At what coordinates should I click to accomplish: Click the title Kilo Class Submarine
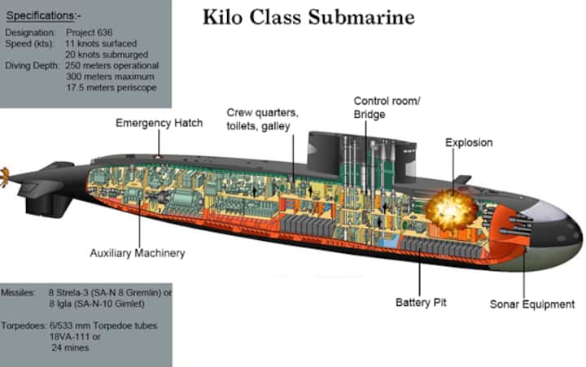(x=308, y=17)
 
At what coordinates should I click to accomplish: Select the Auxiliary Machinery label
(x=137, y=253)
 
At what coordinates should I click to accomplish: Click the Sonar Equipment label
(x=532, y=304)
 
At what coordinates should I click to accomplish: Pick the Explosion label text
(x=469, y=142)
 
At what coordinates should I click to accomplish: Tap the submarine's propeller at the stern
(x=4, y=173)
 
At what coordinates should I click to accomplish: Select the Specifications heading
(x=44, y=15)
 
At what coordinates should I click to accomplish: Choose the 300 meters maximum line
(x=112, y=76)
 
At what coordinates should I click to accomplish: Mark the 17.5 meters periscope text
(x=112, y=87)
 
